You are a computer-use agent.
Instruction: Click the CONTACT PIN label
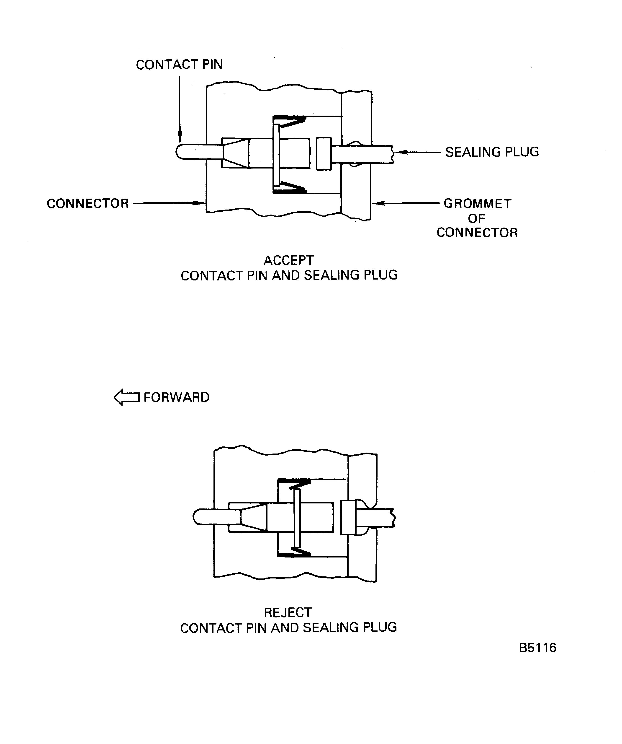(x=179, y=65)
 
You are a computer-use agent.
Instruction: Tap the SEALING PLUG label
(x=492, y=152)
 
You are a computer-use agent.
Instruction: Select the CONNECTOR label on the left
(x=88, y=204)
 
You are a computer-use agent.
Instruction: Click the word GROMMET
(x=477, y=204)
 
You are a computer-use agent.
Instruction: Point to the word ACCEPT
(x=288, y=260)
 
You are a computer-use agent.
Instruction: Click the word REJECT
(x=288, y=613)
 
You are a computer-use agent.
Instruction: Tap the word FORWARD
(x=176, y=397)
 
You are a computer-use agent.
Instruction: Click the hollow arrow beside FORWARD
(x=127, y=397)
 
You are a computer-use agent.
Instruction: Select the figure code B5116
(x=537, y=648)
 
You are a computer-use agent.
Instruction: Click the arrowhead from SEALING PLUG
(x=400, y=152)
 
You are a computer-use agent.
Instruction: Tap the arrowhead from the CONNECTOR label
(x=199, y=203)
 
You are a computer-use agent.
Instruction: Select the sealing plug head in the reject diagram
(x=348, y=517)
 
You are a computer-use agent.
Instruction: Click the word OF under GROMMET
(x=476, y=219)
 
